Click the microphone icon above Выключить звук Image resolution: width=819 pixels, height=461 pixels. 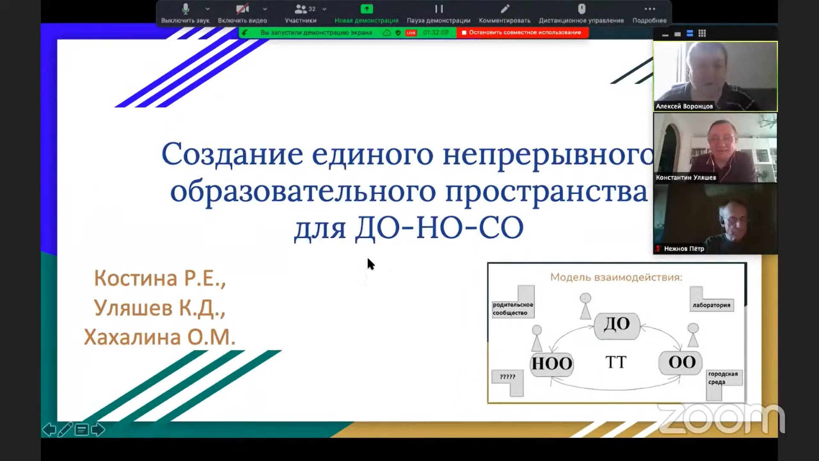tap(186, 9)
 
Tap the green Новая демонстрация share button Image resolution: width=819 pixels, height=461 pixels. tap(366, 9)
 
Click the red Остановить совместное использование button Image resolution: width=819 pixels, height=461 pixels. tap(523, 32)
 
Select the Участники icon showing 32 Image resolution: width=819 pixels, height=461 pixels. tap(301, 9)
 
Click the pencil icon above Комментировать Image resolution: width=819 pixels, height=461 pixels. tap(505, 9)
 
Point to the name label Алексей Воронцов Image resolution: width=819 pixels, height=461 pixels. tap(684, 106)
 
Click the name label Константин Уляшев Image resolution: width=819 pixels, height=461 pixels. tap(686, 178)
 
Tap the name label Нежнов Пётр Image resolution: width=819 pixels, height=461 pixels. tap(684, 248)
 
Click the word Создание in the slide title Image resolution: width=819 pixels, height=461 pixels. tap(232, 154)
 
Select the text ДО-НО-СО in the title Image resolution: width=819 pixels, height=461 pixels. tap(440, 228)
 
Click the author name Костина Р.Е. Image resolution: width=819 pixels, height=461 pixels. tap(160, 278)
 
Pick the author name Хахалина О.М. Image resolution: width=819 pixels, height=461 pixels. tap(160, 337)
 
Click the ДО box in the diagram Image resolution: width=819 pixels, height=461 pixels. tap(617, 324)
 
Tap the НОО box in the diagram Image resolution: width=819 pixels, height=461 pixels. tap(552, 364)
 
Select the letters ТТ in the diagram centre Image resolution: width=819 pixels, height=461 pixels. tap(616, 362)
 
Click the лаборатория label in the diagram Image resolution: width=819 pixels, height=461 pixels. tap(711, 305)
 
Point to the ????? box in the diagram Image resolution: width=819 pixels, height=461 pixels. tap(507, 377)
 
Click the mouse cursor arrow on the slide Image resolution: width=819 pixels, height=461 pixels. tap(370, 263)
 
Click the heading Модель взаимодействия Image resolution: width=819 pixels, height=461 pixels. tap(616, 277)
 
